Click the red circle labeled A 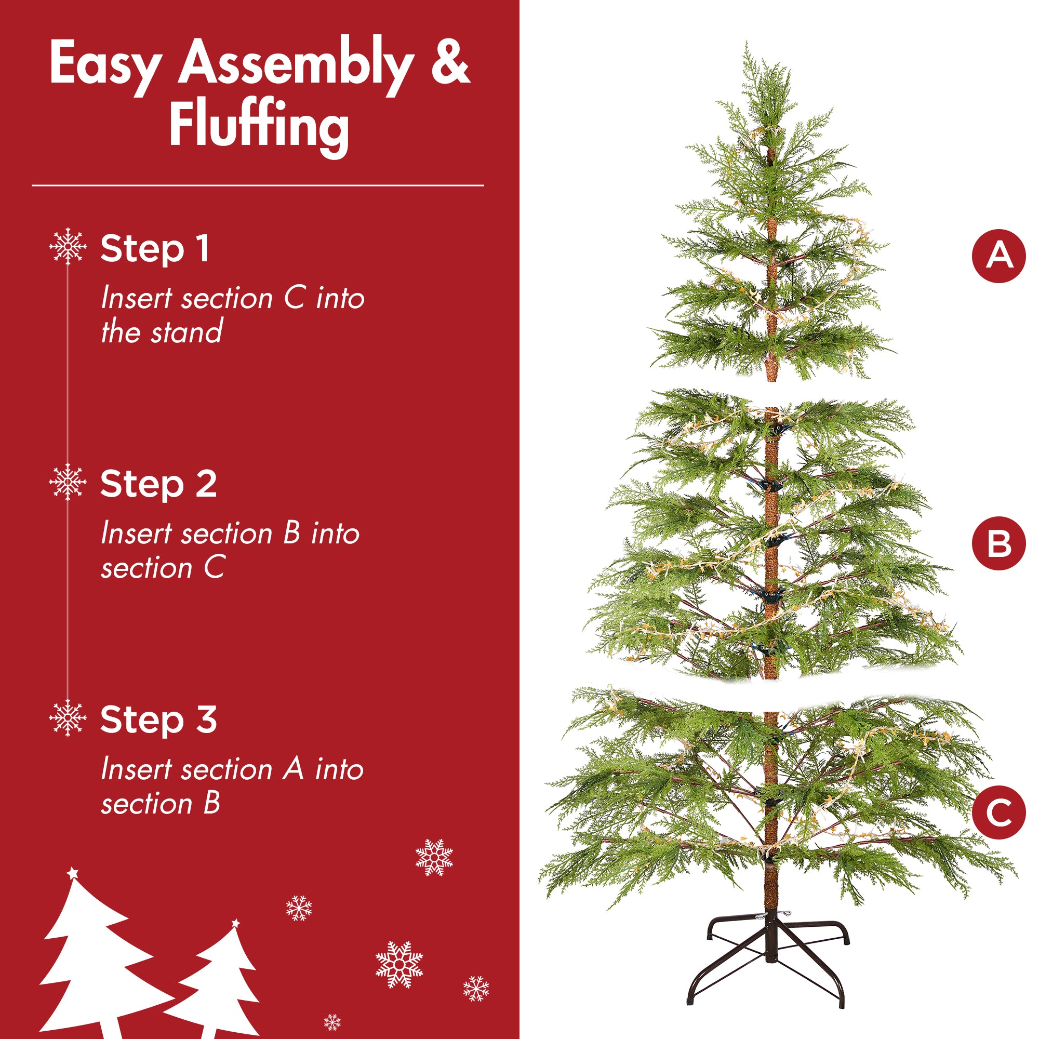point(998,256)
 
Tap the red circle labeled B point(998,543)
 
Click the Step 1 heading point(155,249)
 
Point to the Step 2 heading point(158,484)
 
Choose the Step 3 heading point(158,720)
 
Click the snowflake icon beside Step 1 point(68,246)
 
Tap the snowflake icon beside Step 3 point(68,718)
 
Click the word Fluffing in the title point(259,125)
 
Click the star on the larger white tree point(73,873)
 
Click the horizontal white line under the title point(258,185)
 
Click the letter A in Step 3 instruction point(294,768)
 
